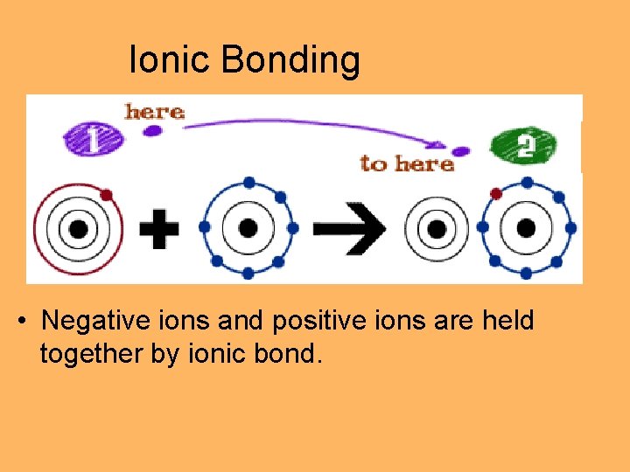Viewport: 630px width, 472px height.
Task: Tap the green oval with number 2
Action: pos(524,144)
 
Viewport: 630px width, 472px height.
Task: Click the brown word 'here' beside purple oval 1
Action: pos(154,112)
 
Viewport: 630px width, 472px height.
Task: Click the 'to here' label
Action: pos(407,163)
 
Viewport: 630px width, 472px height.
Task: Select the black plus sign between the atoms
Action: pos(159,229)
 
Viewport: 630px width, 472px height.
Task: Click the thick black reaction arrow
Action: pos(349,229)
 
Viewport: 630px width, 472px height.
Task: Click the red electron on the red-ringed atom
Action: pos(106,194)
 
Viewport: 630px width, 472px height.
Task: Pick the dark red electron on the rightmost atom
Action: pos(496,193)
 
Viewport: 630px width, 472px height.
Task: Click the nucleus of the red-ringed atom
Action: pos(78,229)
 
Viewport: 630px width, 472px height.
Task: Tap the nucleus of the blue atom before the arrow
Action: pos(248,228)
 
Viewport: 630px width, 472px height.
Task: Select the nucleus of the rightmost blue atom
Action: pos(527,229)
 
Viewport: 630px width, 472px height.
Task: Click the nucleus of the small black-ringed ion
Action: pos(436,229)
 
